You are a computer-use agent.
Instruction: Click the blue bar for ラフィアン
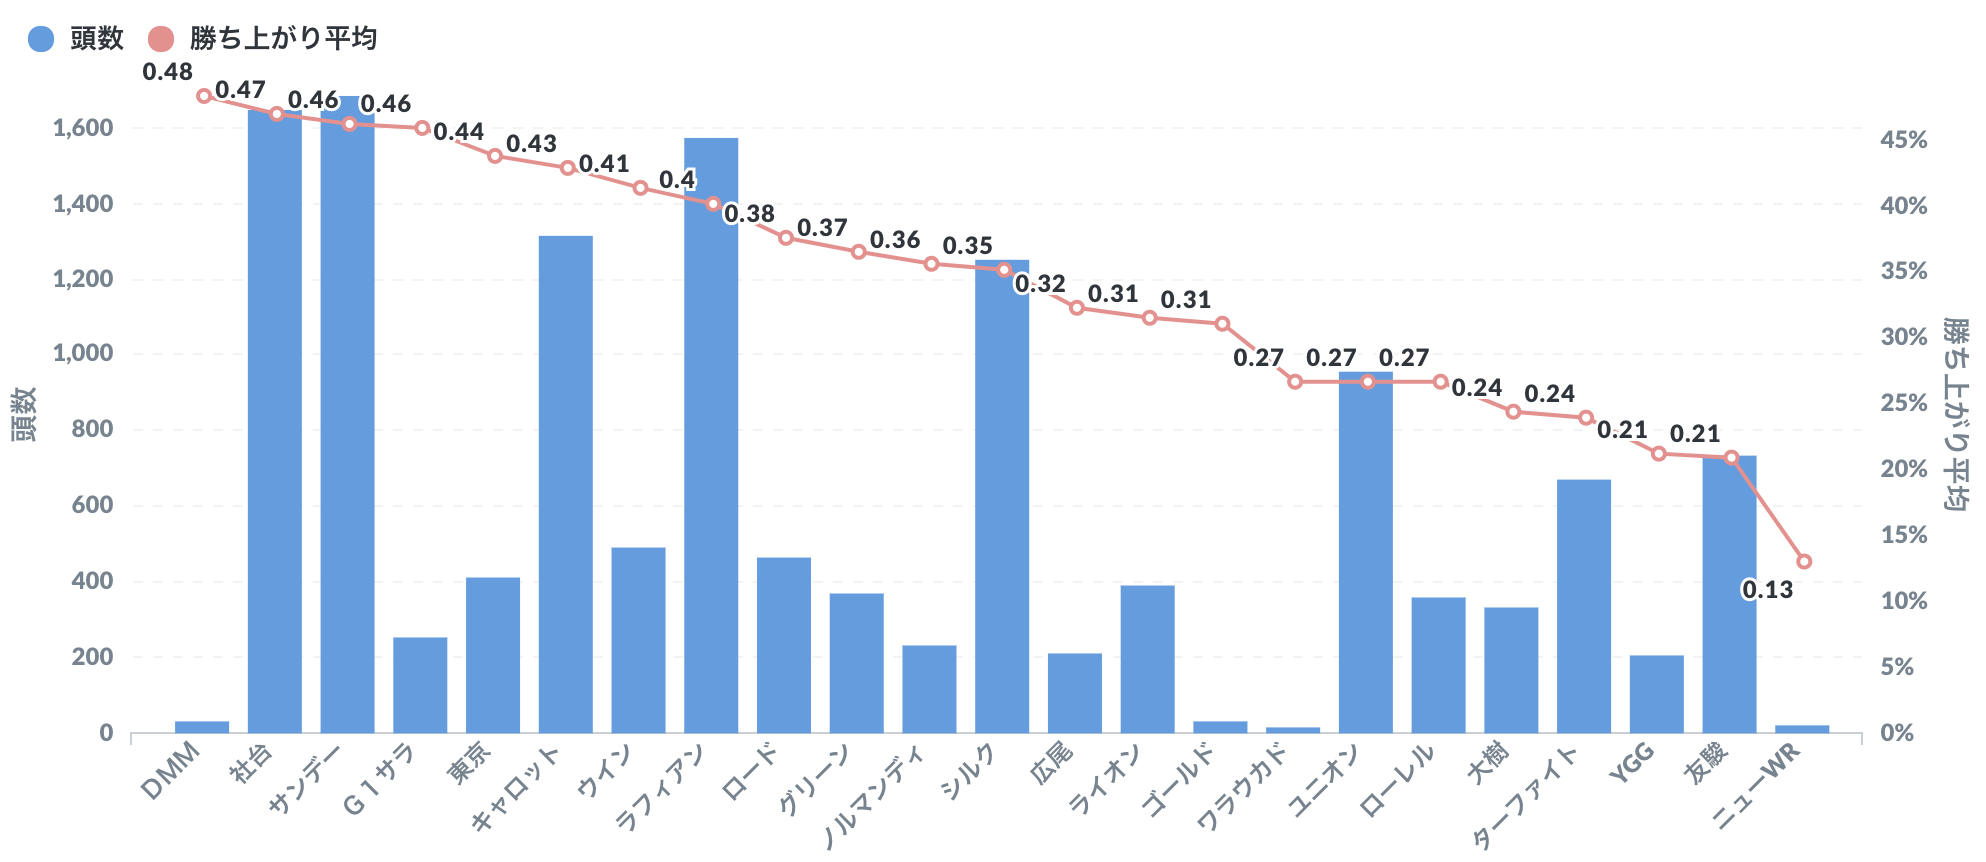[711, 435]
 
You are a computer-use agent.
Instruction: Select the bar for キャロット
[565, 484]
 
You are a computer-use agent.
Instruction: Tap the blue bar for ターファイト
[1584, 606]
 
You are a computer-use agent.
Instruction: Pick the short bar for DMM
[202, 727]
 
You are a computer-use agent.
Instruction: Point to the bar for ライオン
[1147, 659]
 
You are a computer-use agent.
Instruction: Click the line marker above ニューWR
[1804, 561]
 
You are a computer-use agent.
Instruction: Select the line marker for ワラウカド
[1295, 381]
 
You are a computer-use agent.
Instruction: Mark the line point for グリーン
[858, 252]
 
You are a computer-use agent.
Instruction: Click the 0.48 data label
[167, 72]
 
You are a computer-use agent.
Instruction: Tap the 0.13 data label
[1767, 590]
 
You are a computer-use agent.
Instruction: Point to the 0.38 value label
[749, 214]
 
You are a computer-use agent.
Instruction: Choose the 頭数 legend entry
[76, 38]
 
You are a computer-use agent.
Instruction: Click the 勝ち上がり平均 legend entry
[262, 38]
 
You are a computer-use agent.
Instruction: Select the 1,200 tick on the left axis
[83, 278]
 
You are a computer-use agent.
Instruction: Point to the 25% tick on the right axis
[1903, 403]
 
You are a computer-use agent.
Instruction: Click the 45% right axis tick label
[1903, 140]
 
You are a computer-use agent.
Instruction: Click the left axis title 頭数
[24, 414]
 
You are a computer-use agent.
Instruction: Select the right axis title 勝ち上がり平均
[1955, 414]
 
